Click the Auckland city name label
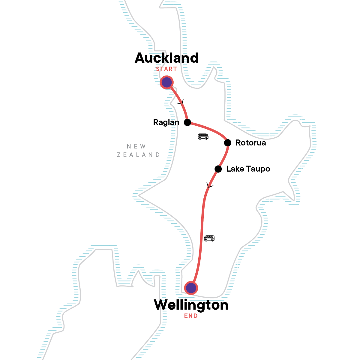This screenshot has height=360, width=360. pos(166,58)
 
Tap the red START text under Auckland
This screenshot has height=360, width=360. pos(166,69)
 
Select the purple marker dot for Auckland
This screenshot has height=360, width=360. pos(166,82)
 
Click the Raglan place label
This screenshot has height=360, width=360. pos(166,122)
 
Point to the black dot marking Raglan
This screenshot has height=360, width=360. pos(187,122)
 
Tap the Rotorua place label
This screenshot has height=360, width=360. pos(251,143)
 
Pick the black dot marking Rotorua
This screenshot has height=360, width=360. pos(228,143)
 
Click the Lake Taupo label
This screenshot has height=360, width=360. pos(248,169)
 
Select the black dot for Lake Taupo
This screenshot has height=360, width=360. pos(218,169)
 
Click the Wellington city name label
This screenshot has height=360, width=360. pos(191,305)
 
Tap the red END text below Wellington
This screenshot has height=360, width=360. pos(191,316)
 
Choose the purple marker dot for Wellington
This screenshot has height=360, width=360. pos(191,288)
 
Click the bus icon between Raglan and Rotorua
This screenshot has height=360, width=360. pos(203,137)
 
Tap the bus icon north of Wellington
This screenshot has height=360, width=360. pos(209,238)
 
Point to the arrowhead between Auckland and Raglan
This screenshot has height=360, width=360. pos(181,103)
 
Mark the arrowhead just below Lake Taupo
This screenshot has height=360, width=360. pos(209,185)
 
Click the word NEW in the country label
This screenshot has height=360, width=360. pos(136,146)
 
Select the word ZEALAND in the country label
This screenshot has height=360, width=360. pos(139,155)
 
